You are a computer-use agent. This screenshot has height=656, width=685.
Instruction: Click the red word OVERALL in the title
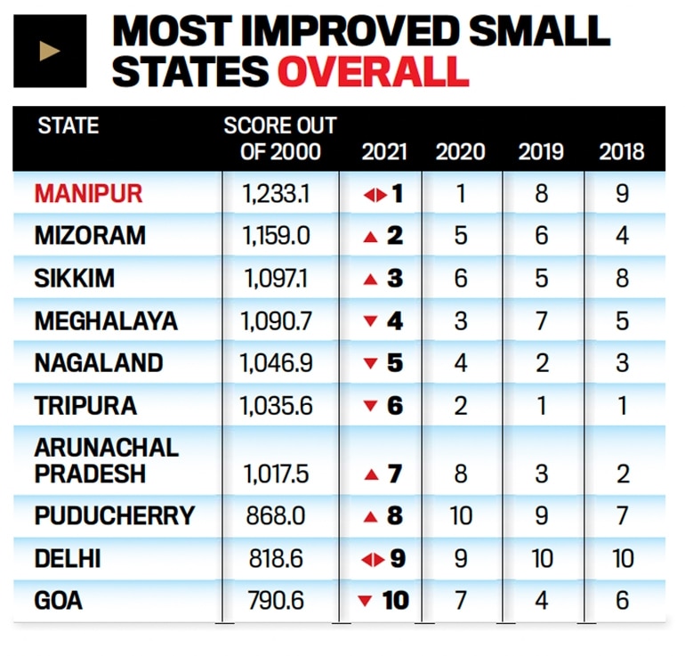pyautogui.click(x=373, y=70)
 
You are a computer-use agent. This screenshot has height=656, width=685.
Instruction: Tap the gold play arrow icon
pyautogui.click(x=50, y=51)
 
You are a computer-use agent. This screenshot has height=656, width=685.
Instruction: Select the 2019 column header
pyautogui.click(x=541, y=150)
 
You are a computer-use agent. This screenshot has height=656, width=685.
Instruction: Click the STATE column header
pyautogui.click(x=68, y=126)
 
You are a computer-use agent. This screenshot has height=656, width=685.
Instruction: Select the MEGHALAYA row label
pyautogui.click(x=106, y=321)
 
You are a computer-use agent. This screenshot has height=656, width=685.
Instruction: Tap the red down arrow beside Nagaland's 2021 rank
pyautogui.click(x=370, y=364)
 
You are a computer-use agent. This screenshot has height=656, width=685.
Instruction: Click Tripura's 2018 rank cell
pyautogui.click(x=622, y=406)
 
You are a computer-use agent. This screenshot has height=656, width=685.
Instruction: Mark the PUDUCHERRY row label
pyautogui.click(x=114, y=515)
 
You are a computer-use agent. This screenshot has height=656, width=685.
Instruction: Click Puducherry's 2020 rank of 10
pyautogui.click(x=461, y=515)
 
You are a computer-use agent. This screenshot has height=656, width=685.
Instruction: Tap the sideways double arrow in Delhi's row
pyautogui.click(x=374, y=559)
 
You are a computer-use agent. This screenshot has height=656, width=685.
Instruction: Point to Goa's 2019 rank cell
pyautogui.click(x=541, y=601)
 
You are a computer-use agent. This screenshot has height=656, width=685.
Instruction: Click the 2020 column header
pyautogui.click(x=461, y=150)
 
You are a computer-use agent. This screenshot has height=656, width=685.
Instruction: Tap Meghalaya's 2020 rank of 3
pyautogui.click(x=461, y=321)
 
